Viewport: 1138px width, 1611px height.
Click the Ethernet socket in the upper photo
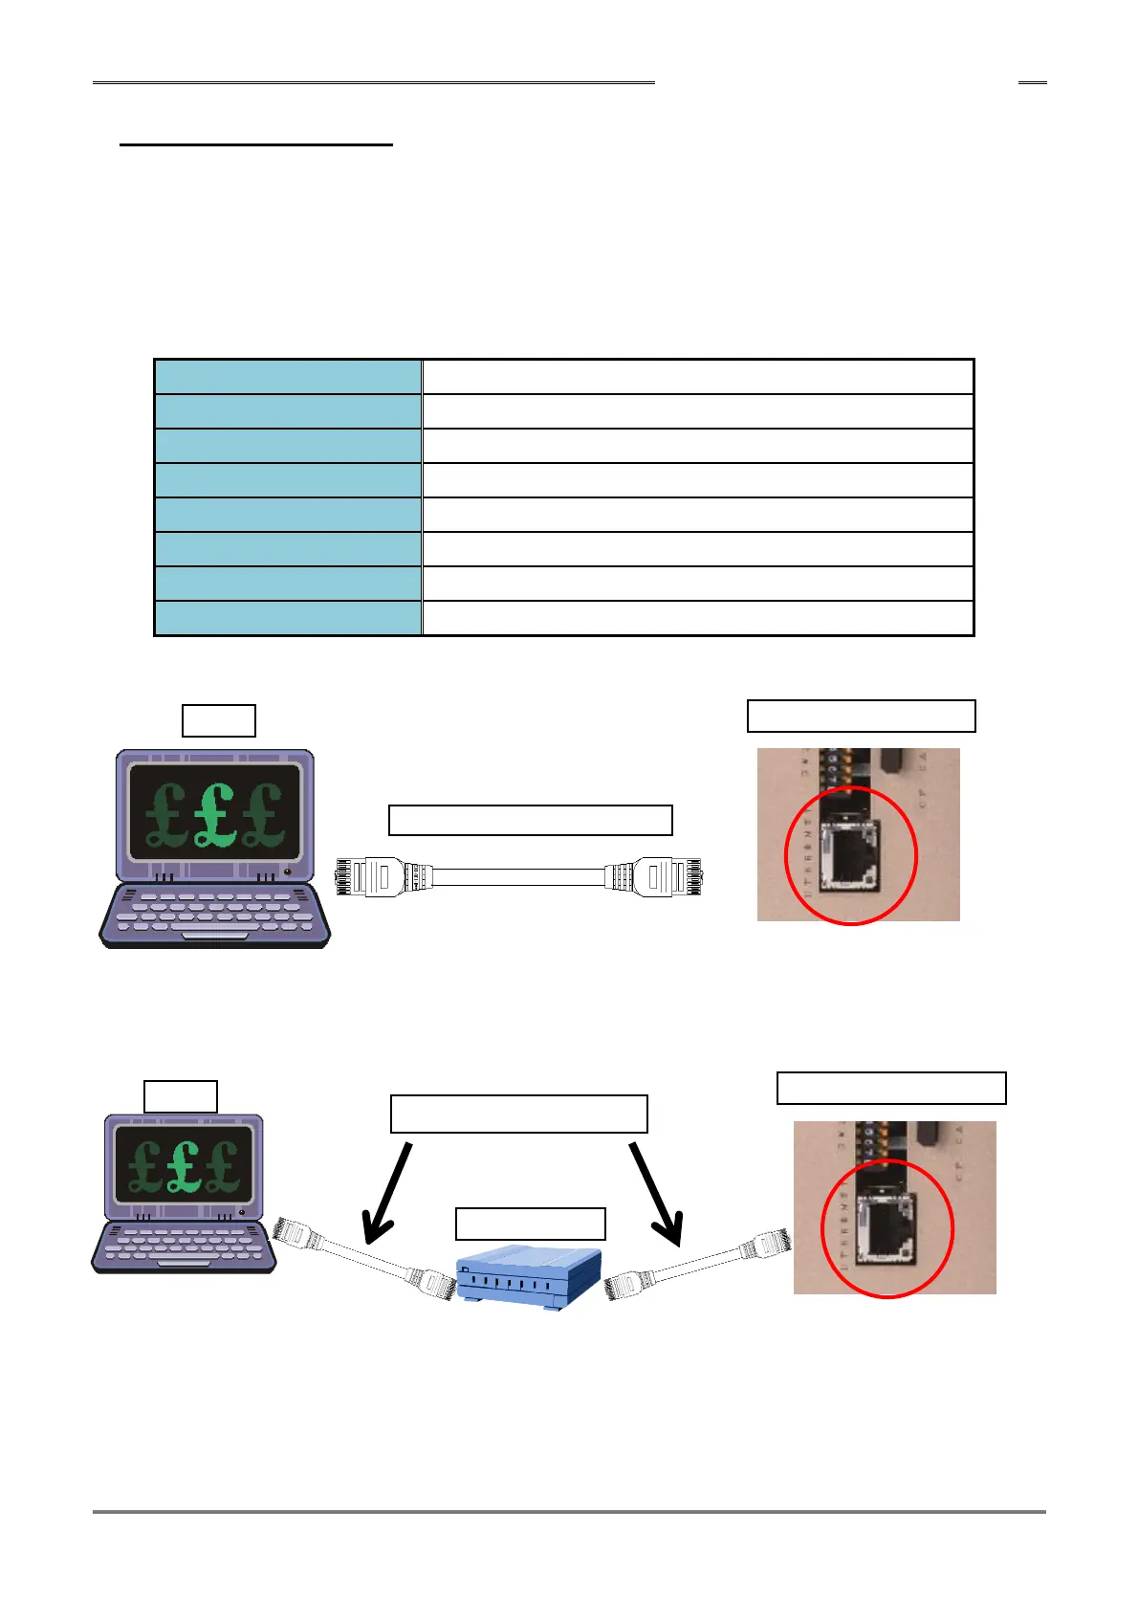(848, 857)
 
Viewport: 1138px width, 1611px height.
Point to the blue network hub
(530, 1273)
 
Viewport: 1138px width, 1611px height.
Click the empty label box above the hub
(531, 1224)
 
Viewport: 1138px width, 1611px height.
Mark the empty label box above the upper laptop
(219, 720)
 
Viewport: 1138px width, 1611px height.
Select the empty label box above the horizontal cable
(531, 821)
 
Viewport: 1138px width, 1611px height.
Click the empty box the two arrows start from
(519, 1114)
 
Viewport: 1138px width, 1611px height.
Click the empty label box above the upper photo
(861, 716)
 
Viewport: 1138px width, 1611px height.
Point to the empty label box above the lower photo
(891, 1089)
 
